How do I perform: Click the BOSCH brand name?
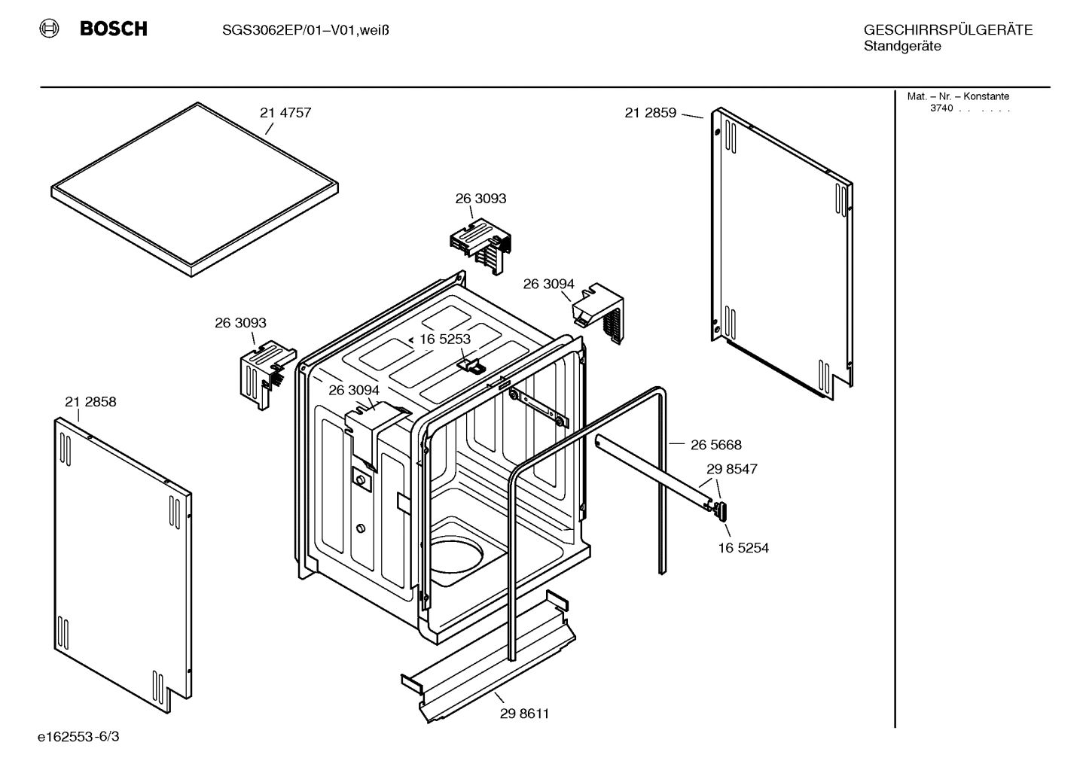(113, 29)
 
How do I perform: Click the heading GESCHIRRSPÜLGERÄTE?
(947, 30)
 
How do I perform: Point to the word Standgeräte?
(901, 47)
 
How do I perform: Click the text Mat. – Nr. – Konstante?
(957, 96)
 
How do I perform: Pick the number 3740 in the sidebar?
(941, 108)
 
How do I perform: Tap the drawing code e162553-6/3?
(78, 735)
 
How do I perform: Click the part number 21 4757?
(285, 113)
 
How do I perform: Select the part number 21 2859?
(650, 113)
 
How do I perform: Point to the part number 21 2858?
(90, 402)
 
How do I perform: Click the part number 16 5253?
(444, 339)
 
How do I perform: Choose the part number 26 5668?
(716, 445)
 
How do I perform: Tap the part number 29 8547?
(731, 469)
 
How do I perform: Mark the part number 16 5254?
(743, 548)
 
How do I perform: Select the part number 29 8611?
(524, 714)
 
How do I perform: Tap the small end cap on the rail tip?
(722, 512)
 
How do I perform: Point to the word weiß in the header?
(374, 30)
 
